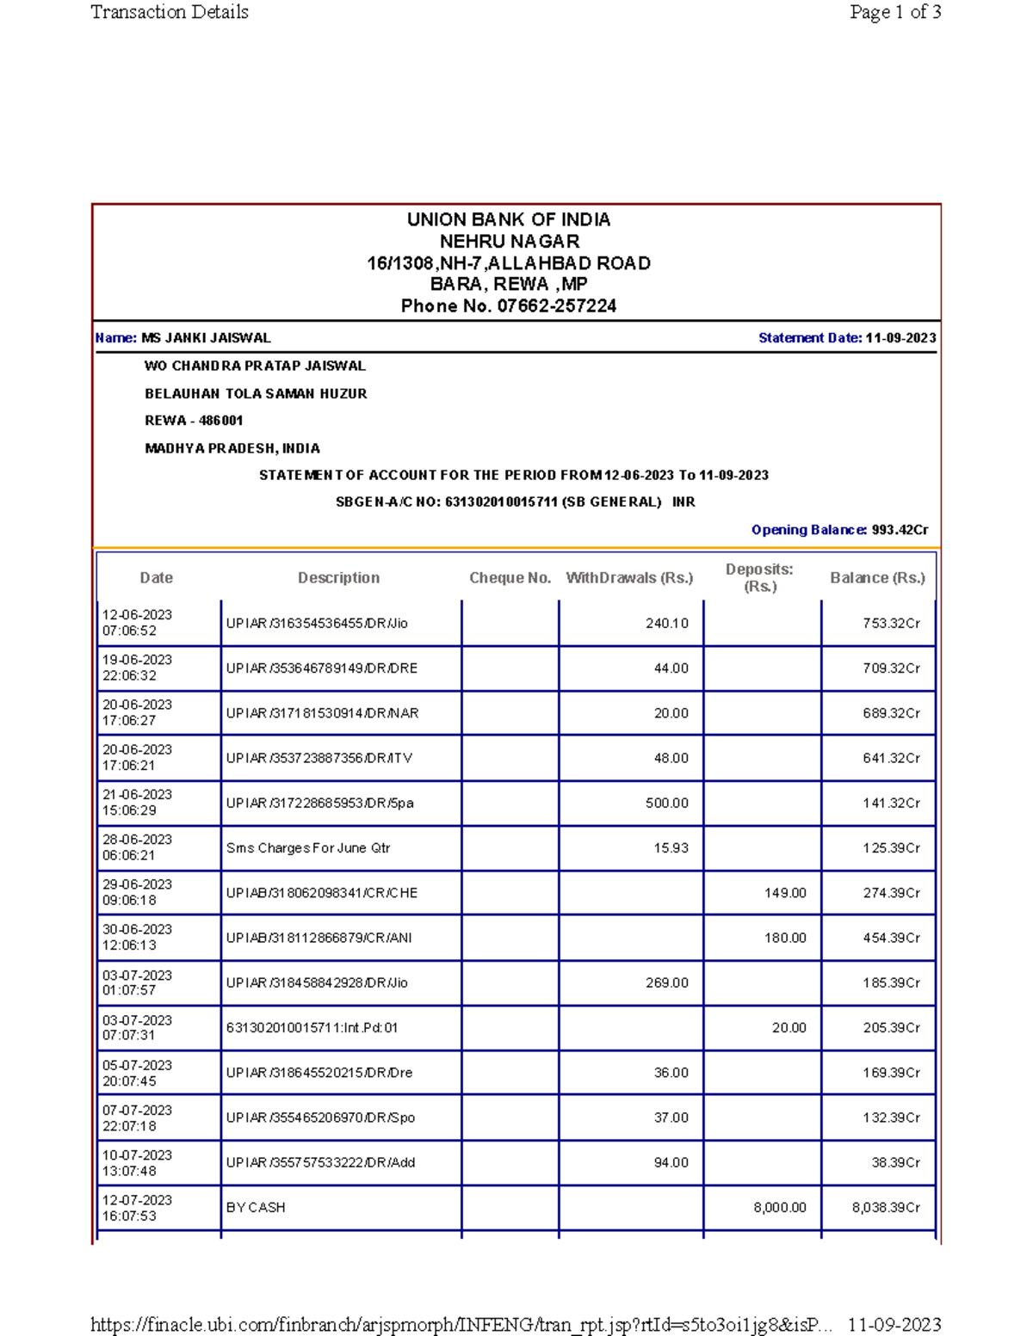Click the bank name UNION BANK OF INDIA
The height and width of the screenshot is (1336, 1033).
pos(508,219)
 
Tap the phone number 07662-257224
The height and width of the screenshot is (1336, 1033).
pos(556,306)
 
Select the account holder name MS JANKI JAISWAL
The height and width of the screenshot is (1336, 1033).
pos(206,338)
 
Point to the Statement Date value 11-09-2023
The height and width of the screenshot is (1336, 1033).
pos(900,338)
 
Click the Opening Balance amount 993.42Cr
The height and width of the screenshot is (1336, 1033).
pos(900,530)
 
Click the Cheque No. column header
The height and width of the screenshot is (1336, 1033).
pos(510,578)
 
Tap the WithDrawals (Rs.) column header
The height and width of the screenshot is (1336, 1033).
pos(629,578)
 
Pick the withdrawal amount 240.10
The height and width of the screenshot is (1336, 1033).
pos(666,623)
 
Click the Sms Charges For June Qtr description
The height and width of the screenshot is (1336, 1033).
pos(308,848)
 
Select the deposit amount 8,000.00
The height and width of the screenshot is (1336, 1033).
pos(779,1208)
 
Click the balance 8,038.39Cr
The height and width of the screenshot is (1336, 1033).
pos(886,1208)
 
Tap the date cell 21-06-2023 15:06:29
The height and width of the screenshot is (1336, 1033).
pos(137,803)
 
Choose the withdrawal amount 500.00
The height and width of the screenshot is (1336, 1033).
pos(666,803)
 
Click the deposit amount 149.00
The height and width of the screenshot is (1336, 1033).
pos(785,893)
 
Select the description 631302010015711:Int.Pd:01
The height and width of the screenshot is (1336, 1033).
pos(312,1028)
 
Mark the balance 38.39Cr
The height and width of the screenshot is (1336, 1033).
pos(895,1163)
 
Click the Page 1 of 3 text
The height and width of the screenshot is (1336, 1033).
pos(894,12)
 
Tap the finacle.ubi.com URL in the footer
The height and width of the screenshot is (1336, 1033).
pos(461,1324)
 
